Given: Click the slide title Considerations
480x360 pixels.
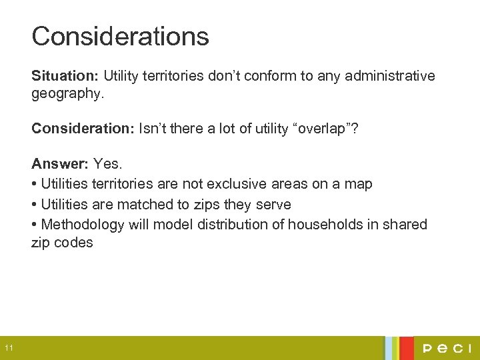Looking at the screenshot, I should [120, 36].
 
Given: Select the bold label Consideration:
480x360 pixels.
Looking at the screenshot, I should [83, 129].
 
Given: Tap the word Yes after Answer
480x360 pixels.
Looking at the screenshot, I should [108, 163].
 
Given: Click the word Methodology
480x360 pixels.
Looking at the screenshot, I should [83, 224].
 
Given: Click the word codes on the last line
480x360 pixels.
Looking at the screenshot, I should [74, 243].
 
